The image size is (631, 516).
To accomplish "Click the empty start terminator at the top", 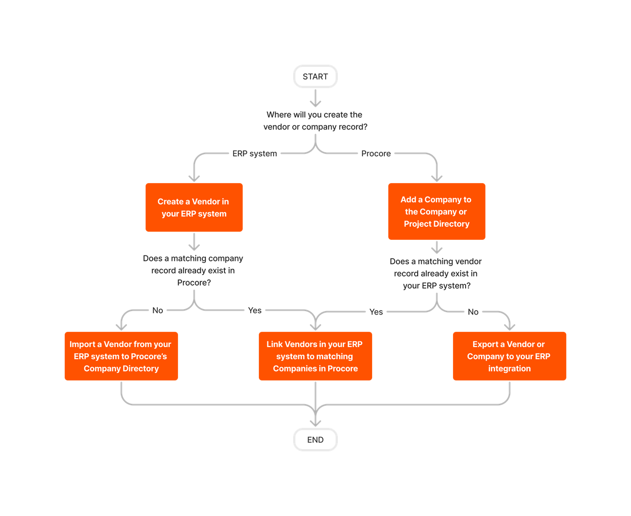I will click(x=315, y=76).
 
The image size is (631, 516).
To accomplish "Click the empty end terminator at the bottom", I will click(x=315, y=440).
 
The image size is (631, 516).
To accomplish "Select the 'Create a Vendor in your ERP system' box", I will click(x=194, y=207).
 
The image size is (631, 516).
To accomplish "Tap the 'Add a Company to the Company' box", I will click(x=436, y=211).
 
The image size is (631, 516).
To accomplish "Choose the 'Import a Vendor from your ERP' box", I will click(x=121, y=356).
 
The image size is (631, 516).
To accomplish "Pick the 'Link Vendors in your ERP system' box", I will click(x=315, y=356).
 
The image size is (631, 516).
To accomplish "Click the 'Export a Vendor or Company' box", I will click(x=509, y=356).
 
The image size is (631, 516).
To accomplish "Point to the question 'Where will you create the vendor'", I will click(x=315, y=121).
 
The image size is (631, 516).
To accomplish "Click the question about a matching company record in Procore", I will click(x=193, y=271).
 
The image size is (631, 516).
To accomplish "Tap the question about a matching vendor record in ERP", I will click(x=436, y=274).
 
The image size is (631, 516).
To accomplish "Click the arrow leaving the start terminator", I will click(x=315, y=98).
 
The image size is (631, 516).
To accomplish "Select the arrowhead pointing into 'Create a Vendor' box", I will click(x=194, y=177).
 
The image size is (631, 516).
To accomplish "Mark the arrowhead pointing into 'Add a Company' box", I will click(x=436, y=177).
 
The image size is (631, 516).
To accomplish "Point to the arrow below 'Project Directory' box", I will click(x=436, y=247).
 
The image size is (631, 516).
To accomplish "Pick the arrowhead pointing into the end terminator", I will click(x=315, y=421).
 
